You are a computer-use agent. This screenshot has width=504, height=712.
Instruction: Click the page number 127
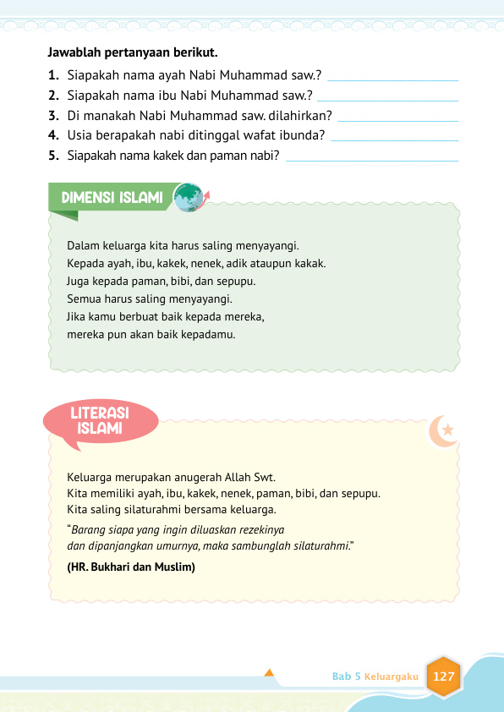[x=444, y=676]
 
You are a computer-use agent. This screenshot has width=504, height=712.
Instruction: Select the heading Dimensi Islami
[x=112, y=198]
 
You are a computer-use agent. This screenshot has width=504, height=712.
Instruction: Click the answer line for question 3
[x=397, y=120]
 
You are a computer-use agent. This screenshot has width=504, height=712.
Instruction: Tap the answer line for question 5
[x=373, y=160]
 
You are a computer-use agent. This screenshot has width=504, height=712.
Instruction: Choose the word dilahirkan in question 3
[x=301, y=115]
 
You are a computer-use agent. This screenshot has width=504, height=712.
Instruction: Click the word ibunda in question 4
[x=307, y=135]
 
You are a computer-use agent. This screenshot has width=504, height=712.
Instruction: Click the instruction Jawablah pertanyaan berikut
[x=122, y=52]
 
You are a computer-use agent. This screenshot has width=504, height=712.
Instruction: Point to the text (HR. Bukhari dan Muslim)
[x=131, y=567]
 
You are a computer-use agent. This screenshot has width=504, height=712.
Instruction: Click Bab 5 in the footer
[x=347, y=677]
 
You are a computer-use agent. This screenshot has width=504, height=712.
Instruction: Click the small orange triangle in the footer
[x=269, y=673]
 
